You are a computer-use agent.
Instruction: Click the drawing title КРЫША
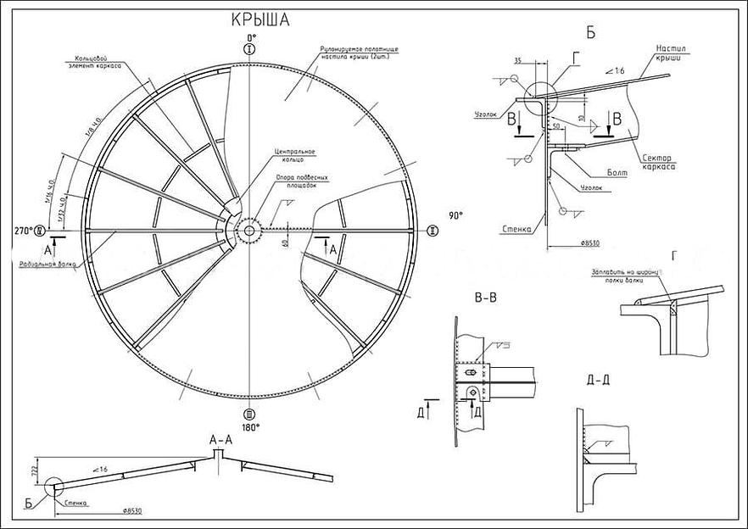coord(260,21)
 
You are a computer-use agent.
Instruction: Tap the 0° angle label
coord(249,39)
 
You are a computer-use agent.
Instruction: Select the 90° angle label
coord(456,216)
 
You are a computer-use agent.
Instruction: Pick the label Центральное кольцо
coord(294,156)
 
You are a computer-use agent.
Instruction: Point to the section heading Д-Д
coord(599,379)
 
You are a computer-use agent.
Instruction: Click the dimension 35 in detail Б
coord(518,61)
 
